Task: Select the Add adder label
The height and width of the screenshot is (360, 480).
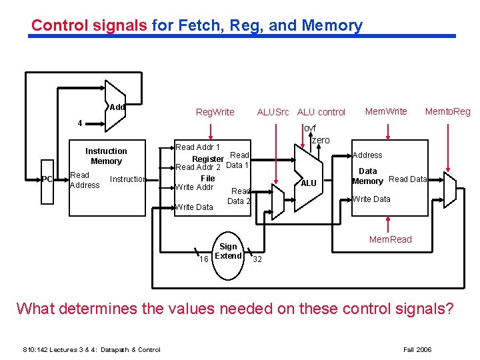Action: click(x=117, y=107)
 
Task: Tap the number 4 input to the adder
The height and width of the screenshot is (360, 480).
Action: click(x=80, y=123)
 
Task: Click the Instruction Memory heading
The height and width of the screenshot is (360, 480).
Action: click(x=106, y=156)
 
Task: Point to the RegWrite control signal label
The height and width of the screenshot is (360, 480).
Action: click(x=215, y=112)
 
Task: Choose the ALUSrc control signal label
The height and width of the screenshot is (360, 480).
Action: click(x=273, y=112)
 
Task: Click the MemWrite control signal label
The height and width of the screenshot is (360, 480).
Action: click(x=386, y=111)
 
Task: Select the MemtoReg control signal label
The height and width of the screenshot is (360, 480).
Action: click(x=447, y=111)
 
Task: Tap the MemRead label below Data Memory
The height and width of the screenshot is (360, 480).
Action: click(x=391, y=239)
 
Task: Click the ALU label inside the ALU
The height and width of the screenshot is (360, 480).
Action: click(x=309, y=183)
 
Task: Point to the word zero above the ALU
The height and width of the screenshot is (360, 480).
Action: click(x=321, y=140)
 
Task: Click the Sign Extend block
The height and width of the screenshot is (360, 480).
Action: click(x=228, y=251)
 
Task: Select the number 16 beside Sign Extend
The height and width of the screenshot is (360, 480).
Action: click(x=205, y=259)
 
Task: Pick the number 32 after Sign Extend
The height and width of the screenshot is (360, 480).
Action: click(x=257, y=259)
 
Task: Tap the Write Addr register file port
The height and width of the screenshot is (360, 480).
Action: click(x=194, y=187)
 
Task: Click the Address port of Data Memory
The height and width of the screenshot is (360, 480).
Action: click(x=367, y=155)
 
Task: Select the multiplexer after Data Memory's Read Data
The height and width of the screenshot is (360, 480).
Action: click(x=449, y=193)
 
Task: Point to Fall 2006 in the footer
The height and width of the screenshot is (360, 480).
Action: click(x=418, y=349)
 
